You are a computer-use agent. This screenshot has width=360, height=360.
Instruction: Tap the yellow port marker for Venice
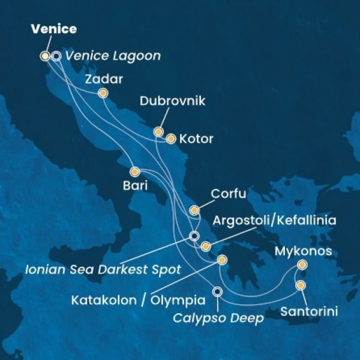(x=44, y=56)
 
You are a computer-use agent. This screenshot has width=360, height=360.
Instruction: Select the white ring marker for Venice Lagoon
(x=56, y=56)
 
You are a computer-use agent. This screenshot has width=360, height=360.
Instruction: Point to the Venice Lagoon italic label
(x=113, y=56)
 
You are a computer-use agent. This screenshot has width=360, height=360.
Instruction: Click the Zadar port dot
(x=103, y=93)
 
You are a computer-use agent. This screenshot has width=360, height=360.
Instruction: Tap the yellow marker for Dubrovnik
(x=158, y=131)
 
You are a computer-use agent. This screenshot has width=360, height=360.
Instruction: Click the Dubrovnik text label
(x=172, y=101)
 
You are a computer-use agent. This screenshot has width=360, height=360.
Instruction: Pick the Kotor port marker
(x=170, y=139)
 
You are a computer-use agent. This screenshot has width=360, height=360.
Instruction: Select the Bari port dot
(x=135, y=171)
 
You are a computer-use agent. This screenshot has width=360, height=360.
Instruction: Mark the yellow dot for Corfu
(x=194, y=210)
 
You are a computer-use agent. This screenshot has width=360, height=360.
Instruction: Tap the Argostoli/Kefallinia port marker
(x=206, y=246)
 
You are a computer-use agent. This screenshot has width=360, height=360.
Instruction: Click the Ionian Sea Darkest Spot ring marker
(x=194, y=236)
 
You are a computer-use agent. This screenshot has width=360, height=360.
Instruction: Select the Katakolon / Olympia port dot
(x=223, y=260)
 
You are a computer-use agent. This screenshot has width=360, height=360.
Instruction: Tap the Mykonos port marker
(x=302, y=265)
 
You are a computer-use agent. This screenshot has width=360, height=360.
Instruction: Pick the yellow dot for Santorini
(x=301, y=285)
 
